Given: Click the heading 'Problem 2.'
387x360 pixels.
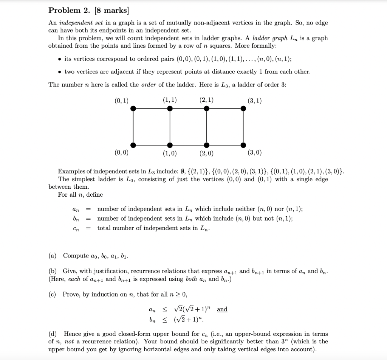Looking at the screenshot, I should [68, 10].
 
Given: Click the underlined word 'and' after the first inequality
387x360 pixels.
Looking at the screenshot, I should [222, 309].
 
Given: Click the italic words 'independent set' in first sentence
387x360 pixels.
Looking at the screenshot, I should [77, 23].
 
